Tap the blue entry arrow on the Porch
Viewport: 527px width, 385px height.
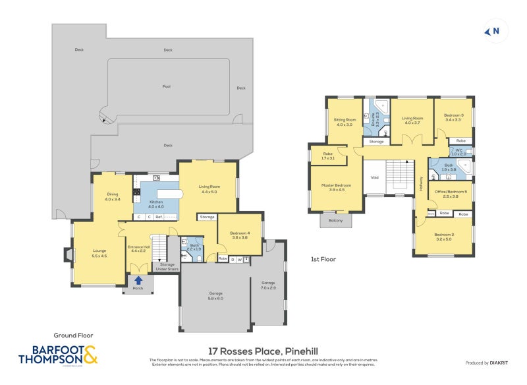pyautogui.click(x=138, y=280)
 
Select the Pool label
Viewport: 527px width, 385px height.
pyautogui.click(x=167, y=86)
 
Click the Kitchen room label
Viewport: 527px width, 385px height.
pyautogui.click(x=156, y=204)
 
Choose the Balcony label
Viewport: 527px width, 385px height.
pyautogui.click(x=336, y=220)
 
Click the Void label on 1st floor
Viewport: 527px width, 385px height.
pyautogui.click(x=375, y=177)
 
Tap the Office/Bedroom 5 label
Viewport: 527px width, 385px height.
pyautogui.click(x=451, y=194)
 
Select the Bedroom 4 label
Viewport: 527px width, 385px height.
pyautogui.click(x=240, y=234)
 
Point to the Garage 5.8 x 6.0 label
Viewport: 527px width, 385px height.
pyautogui.click(x=216, y=295)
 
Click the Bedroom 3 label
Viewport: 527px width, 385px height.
pyautogui.click(x=453, y=117)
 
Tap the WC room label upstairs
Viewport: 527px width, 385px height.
pyautogui.click(x=458, y=152)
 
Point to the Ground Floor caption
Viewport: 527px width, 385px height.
pyautogui.click(x=69, y=335)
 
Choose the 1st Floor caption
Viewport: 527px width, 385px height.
pyautogui.click(x=323, y=259)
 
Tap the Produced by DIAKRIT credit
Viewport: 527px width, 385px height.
pyautogui.click(x=487, y=363)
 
